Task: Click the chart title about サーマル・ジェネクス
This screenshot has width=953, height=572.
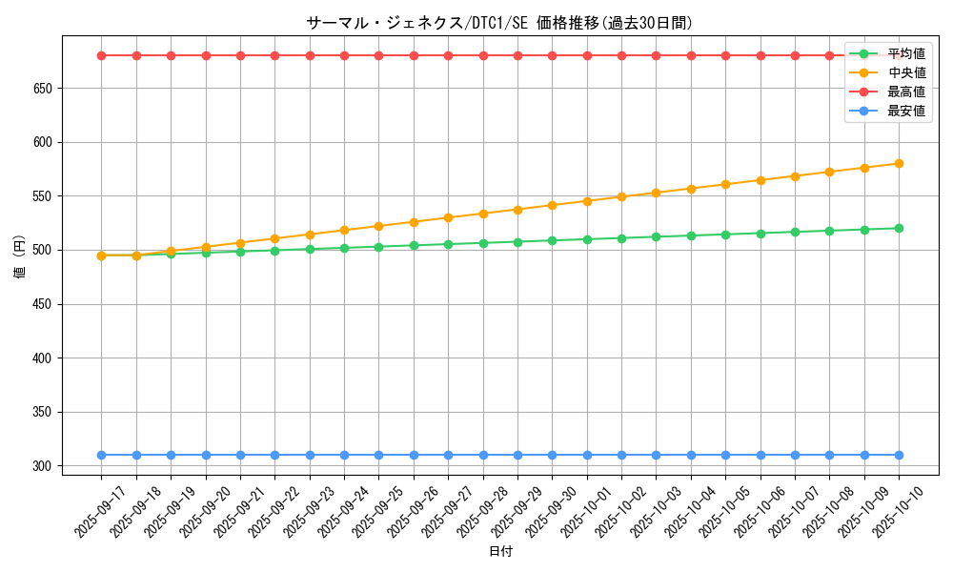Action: [x=499, y=23]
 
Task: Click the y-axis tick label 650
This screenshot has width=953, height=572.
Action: [x=41, y=89]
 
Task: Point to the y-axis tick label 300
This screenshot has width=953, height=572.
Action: [x=41, y=466]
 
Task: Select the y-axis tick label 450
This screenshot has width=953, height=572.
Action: [x=41, y=305]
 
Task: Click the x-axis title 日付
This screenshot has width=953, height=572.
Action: [x=500, y=552]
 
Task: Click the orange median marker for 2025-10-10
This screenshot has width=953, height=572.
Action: [x=899, y=164]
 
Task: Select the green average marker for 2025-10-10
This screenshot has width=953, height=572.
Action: [x=899, y=228]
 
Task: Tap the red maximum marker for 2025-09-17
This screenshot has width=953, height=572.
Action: [x=102, y=55]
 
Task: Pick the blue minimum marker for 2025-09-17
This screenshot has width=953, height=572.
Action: [x=102, y=455]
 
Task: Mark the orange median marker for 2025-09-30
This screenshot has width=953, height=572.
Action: [x=552, y=205]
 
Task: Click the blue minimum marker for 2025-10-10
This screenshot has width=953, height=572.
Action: [x=899, y=455]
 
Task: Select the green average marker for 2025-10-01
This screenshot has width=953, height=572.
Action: [x=587, y=239]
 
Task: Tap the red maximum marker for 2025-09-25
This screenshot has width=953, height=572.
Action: [x=378, y=55]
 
